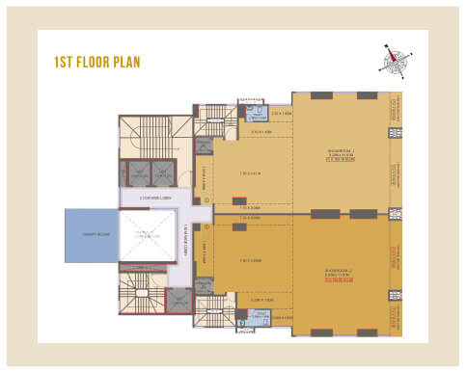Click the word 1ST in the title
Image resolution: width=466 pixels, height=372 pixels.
coord(65,63)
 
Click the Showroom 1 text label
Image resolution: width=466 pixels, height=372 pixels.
coord(343,149)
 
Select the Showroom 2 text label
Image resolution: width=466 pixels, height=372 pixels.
coord(343,273)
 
